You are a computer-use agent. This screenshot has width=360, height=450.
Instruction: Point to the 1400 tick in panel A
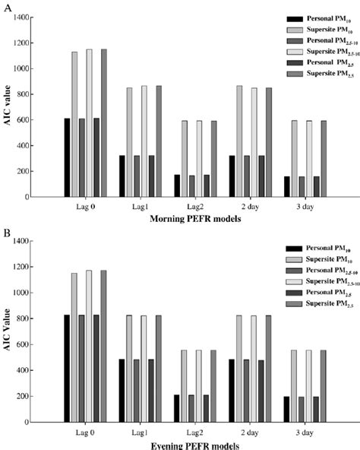[43, 17]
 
